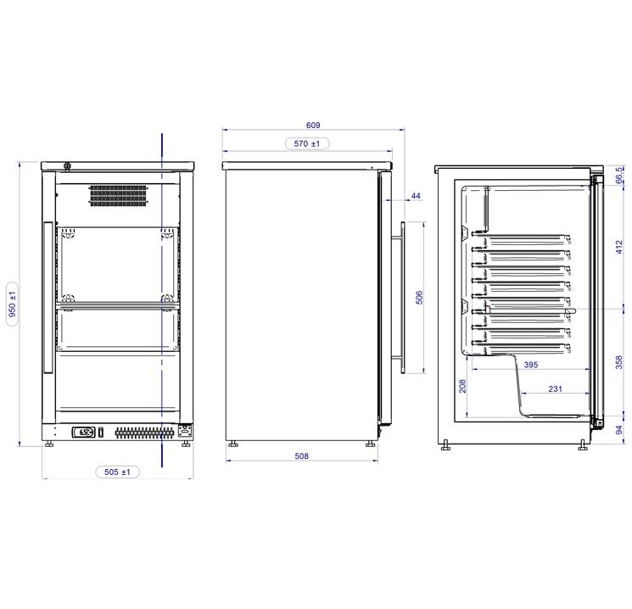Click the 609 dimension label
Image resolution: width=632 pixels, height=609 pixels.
pyautogui.click(x=313, y=126)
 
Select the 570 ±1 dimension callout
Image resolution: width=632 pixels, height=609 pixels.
pyautogui.click(x=307, y=143)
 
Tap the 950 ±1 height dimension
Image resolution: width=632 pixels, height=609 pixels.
pyautogui.click(x=13, y=304)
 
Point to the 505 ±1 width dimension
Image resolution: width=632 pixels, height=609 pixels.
pyautogui.click(x=117, y=472)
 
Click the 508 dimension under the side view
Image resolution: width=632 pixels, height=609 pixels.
pyautogui.click(x=301, y=455)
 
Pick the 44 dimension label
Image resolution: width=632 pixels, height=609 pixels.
pyautogui.click(x=416, y=196)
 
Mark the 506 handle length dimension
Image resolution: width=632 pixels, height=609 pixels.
pyautogui.click(x=419, y=298)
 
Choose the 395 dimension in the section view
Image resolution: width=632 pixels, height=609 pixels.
pyautogui.click(x=531, y=365)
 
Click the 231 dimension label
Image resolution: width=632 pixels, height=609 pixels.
pyautogui.click(x=555, y=389)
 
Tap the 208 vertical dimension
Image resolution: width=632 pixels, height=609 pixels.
pyautogui.click(x=462, y=386)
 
